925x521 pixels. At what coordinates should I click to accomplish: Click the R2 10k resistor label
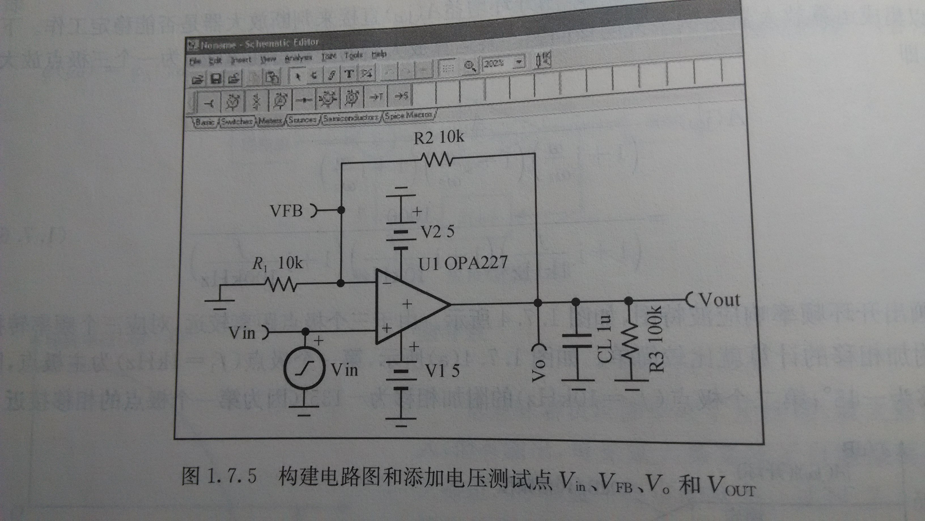click(x=439, y=137)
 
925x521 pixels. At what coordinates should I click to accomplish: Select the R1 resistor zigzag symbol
click(x=281, y=285)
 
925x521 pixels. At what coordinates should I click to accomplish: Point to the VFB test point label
click(x=286, y=211)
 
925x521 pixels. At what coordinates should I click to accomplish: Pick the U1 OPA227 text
click(x=463, y=263)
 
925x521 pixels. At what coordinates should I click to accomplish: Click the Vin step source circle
click(x=304, y=368)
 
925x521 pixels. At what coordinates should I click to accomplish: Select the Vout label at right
click(x=720, y=300)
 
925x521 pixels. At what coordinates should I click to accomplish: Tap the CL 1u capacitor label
click(x=605, y=339)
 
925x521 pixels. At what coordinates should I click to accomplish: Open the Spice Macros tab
click(x=409, y=116)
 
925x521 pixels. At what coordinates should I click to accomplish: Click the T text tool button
click(x=348, y=74)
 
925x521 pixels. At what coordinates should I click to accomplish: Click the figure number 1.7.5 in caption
click(x=232, y=476)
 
